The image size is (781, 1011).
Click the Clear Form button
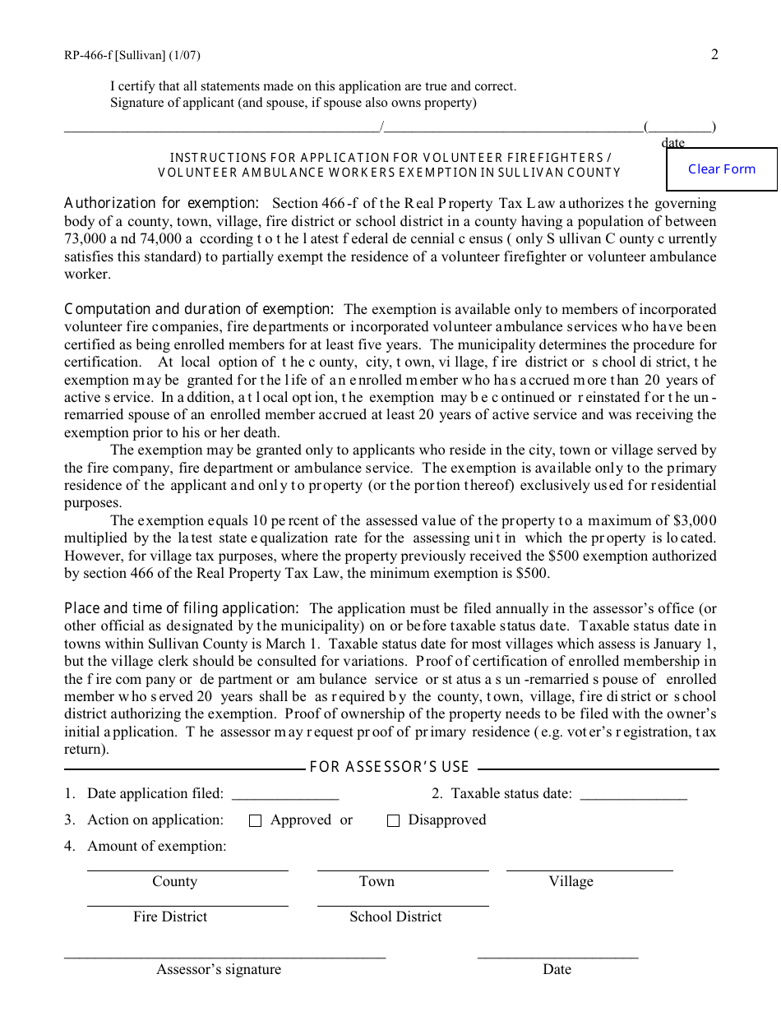coord(721,169)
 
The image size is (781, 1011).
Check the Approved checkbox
coord(255,820)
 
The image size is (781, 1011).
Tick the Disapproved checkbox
coord(393,820)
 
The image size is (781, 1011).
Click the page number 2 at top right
coord(714,55)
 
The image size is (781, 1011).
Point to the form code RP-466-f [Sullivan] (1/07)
coord(132,56)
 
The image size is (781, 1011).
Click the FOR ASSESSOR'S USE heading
coord(389,767)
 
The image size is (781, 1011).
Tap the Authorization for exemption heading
coord(161,203)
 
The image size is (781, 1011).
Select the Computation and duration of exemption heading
coord(199,309)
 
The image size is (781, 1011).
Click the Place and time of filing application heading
coord(181,608)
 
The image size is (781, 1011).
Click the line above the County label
coord(187,869)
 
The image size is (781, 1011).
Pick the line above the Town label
coord(403,869)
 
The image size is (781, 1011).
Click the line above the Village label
coord(589,869)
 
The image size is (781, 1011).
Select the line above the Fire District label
coord(187,905)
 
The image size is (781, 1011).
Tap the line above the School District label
coord(403,905)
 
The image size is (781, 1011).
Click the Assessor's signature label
coord(219,970)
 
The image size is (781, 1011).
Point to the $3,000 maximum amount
coord(695,520)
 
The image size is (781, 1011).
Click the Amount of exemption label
coord(156,847)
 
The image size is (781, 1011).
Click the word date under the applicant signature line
coord(672,143)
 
